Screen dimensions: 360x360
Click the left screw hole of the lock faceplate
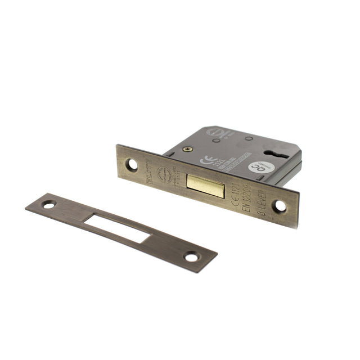pos(133,164)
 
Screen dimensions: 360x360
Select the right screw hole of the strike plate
pos(191,257)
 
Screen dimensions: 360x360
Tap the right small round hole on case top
pos(247,139)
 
